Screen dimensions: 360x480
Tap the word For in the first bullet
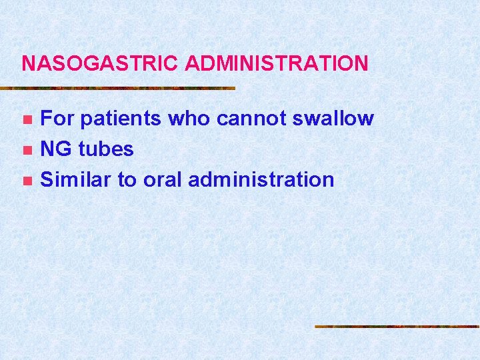(54, 119)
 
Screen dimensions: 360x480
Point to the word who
(190, 119)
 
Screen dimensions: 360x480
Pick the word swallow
(333, 119)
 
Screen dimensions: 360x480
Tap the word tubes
(106, 149)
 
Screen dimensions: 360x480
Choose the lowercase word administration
(261, 179)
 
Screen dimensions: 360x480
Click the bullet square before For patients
(27, 120)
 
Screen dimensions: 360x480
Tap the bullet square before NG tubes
(27, 150)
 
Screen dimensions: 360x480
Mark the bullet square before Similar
(27, 180)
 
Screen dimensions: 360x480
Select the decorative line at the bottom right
(397, 327)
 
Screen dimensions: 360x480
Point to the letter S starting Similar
(47, 179)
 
